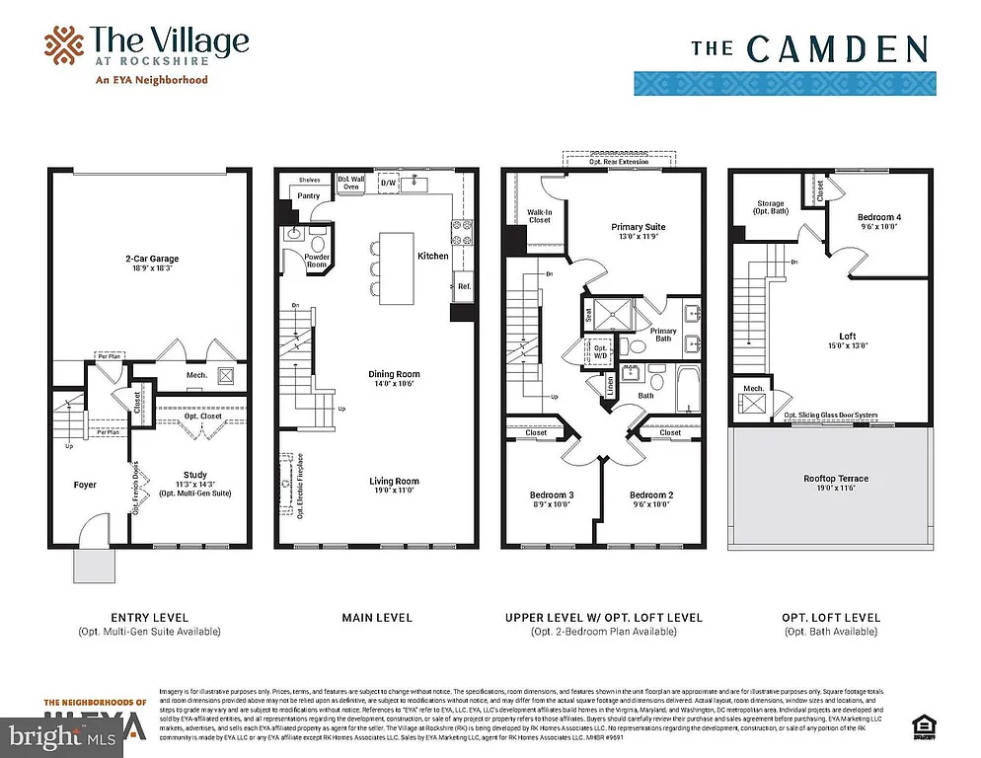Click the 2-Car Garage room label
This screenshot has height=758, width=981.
151,259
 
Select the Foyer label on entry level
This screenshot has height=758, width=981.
85,485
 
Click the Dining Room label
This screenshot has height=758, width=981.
394,374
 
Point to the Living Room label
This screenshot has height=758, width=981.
394,482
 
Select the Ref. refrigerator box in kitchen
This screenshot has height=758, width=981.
463,286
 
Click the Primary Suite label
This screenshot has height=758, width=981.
639,227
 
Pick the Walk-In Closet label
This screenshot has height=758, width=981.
539,215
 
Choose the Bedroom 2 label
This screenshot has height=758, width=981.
651,494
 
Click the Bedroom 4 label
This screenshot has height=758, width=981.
877,217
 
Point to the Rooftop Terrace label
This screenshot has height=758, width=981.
835,479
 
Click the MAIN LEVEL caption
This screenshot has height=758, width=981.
377,618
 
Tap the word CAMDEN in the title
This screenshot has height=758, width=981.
836,48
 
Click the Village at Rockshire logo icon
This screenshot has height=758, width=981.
63,45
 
